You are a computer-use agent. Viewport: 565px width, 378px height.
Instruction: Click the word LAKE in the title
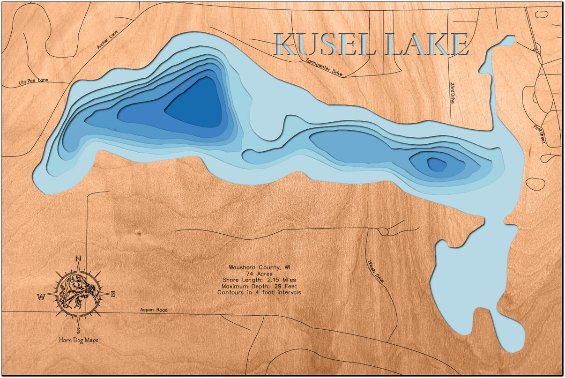[x=426, y=45]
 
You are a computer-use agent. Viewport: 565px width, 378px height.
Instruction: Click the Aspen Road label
[x=154, y=310]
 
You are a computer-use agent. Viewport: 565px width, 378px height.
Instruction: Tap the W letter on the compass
[x=41, y=296]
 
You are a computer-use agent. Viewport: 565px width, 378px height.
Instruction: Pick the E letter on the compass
[x=113, y=294]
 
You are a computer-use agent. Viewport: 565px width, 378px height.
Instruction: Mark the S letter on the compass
[x=78, y=329]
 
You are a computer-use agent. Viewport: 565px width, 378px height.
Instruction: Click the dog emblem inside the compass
[x=77, y=293]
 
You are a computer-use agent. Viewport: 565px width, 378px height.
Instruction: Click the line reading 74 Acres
[x=259, y=274]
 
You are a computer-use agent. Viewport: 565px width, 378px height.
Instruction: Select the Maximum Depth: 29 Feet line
[x=259, y=286]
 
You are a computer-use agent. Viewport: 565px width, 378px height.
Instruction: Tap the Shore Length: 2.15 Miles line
[x=259, y=280]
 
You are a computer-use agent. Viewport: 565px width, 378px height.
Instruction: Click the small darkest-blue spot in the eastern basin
[x=437, y=164]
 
